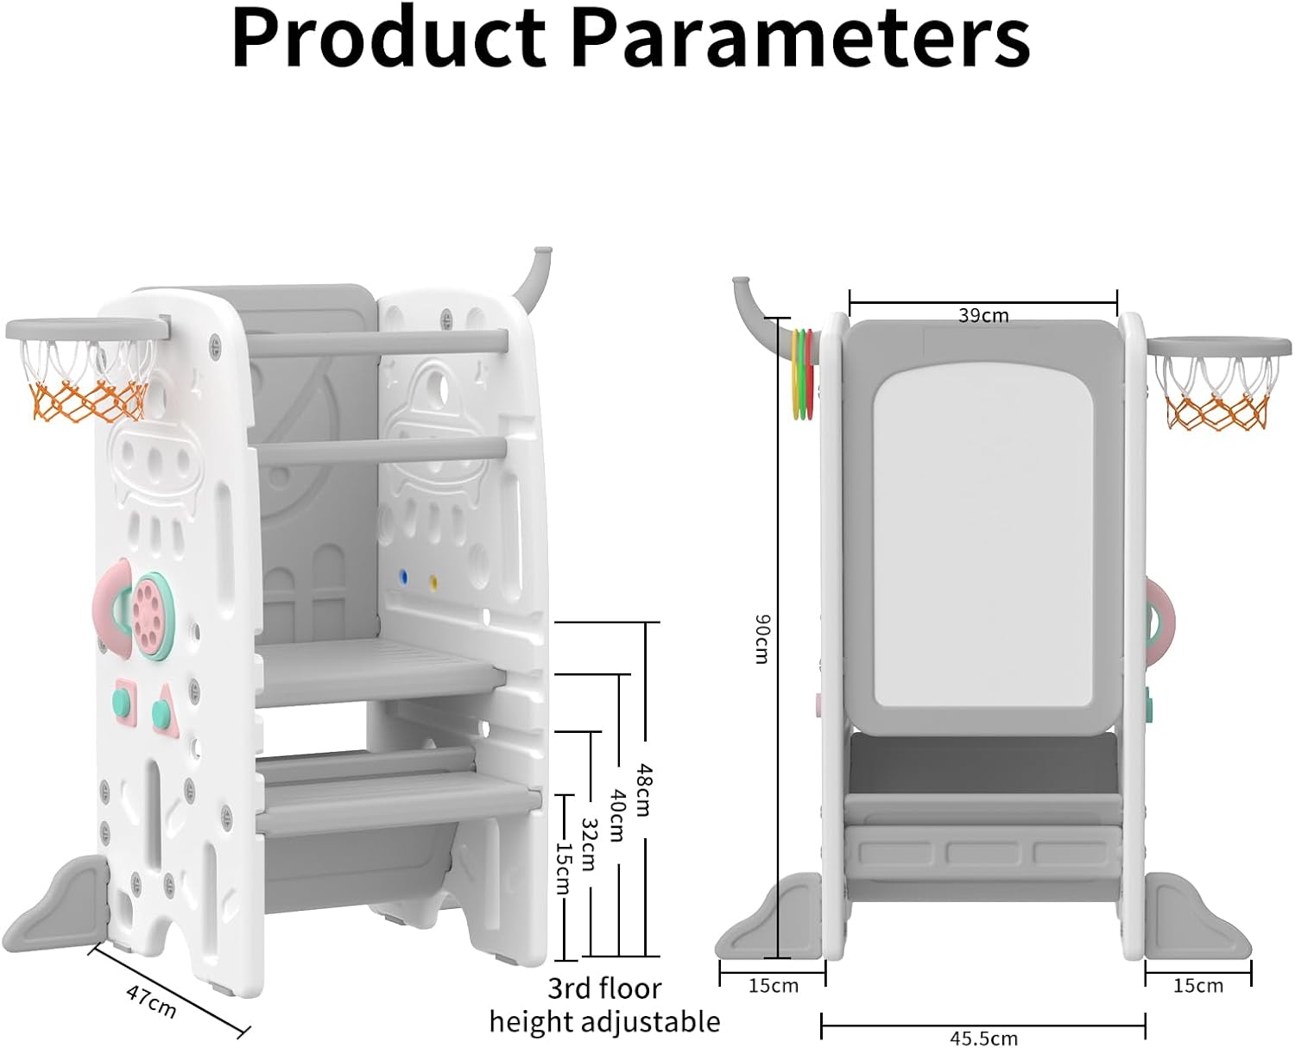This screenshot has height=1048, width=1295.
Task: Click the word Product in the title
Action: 388,38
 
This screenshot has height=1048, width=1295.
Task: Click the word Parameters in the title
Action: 802,38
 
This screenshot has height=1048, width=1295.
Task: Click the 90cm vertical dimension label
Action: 761,639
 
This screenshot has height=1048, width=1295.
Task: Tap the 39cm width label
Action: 983,315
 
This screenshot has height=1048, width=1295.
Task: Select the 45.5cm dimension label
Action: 983,1039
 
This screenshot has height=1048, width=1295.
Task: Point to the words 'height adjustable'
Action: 604,1021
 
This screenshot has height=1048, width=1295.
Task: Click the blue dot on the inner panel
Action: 402,577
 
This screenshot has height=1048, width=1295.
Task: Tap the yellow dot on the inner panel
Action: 433,583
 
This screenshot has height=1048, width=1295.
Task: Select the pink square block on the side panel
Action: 124,702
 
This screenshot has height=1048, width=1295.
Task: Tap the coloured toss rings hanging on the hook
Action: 803,373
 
